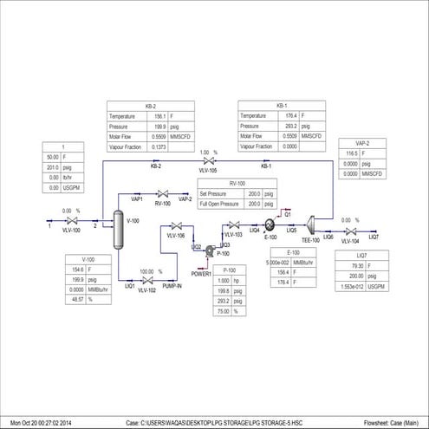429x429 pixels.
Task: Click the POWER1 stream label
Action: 201,274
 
